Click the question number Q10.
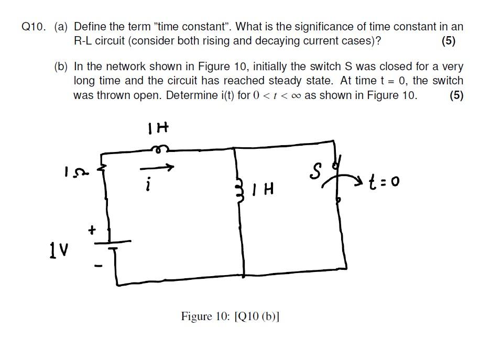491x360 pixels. (35, 27)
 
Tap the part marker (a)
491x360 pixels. (62, 27)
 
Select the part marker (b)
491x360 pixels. (62, 67)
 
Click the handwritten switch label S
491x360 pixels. (315, 172)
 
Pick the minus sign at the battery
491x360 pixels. (95, 266)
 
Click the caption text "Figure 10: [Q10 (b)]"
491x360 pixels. (230, 317)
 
